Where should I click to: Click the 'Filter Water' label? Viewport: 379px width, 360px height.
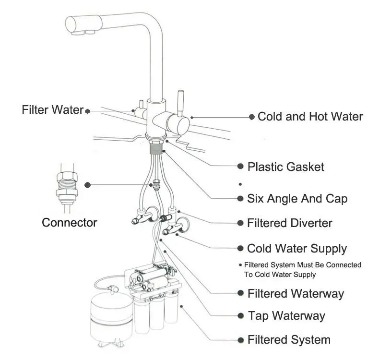52,110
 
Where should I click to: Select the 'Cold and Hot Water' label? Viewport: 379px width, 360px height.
310,117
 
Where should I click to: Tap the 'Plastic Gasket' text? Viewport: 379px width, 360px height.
285,167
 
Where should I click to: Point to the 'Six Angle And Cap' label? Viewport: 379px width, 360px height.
297,198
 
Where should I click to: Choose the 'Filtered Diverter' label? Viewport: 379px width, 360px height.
289,223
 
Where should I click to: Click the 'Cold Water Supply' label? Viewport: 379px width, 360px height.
296,249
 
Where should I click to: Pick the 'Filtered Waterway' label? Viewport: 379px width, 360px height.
296,293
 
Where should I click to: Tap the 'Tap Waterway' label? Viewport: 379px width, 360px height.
286,316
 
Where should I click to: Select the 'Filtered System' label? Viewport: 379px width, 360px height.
289,340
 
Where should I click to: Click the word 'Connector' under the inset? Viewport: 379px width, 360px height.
70,223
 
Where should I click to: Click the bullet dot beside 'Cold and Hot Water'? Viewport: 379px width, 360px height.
251,117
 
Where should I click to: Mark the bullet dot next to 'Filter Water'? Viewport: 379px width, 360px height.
88,111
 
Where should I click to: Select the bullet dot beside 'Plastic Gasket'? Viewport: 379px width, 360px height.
241,167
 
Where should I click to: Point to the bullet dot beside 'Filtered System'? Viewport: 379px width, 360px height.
241,340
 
